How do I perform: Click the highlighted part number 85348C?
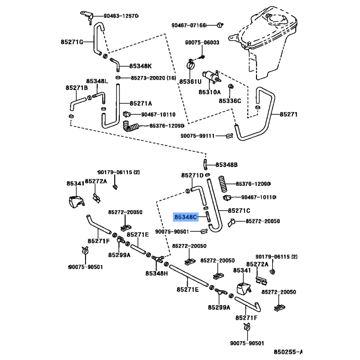(x=185, y=217)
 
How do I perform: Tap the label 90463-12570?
(x=121, y=16)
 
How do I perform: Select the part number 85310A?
(x=209, y=92)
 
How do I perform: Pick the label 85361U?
(x=190, y=82)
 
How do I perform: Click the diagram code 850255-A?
(x=288, y=351)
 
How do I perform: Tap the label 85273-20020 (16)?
(x=153, y=78)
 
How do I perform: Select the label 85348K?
(x=140, y=66)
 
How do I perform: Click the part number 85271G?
(x=72, y=42)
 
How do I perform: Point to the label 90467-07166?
(x=189, y=25)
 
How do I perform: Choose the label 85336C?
(x=230, y=101)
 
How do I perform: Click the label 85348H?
(x=157, y=274)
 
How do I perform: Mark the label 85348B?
(x=226, y=165)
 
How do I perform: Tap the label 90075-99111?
(x=198, y=136)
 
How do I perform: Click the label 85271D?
(x=193, y=175)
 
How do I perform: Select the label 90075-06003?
(x=202, y=42)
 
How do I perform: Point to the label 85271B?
(x=76, y=88)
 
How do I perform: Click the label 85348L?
(x=97, y=81)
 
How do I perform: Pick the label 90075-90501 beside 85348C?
(x=172, y=232)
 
